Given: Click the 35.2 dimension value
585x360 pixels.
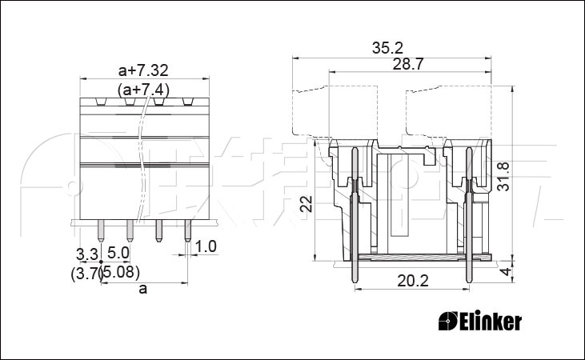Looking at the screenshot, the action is (387, 48).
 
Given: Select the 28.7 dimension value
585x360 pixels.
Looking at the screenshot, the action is (408, 65).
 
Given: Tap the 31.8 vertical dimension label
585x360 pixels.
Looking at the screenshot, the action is (504, 176).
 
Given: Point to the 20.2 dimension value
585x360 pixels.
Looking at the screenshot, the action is (413, 281).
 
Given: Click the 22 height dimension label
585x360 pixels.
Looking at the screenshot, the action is (307, 204).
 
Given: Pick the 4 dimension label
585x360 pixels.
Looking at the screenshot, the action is (506, 271).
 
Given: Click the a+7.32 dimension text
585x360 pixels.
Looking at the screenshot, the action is (143, 70).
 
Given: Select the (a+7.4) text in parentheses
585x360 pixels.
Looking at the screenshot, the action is (143, 90).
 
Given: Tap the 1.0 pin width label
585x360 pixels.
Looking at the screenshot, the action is (206, 246).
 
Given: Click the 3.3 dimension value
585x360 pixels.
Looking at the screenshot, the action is (87, 254).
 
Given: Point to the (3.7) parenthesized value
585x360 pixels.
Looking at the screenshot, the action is (86, 274).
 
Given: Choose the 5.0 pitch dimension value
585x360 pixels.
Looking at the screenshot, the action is (118, 254).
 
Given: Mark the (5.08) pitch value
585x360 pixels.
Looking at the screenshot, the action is (121, 272).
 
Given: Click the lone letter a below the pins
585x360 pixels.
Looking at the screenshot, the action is (143, 289).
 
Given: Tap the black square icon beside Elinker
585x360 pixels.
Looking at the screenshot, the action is (448, 321).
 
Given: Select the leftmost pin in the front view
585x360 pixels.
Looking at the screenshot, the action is (100, 230).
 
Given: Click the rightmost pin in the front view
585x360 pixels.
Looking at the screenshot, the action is (187, 230).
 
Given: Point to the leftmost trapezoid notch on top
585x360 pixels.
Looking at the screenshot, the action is (101, 102).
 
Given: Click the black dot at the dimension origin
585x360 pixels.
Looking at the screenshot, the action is (101, 262).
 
